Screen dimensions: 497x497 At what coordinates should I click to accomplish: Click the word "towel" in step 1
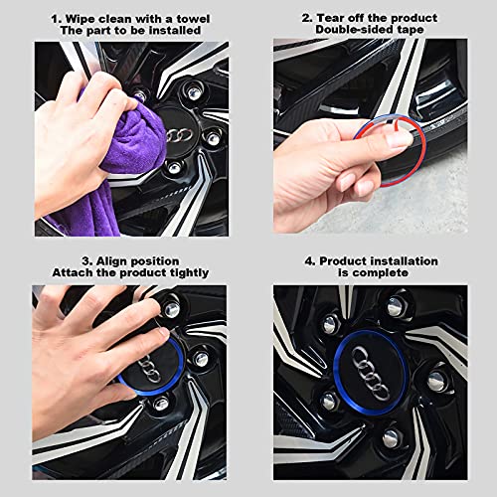pyautogui.click(x=195, y=19)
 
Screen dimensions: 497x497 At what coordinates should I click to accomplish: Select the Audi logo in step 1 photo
pyautogui.click(x=179, y=135)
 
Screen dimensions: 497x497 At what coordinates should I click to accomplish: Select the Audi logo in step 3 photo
pyautogui.click(x=149, y=371)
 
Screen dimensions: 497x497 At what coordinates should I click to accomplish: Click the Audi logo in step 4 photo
pyautogui.click(x=370, y=372)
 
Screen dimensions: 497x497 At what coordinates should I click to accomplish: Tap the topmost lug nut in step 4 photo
pyautogui.click(x=396, y=306)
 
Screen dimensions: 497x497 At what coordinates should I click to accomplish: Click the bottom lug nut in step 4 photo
pyautogui.click(x=392, y=438)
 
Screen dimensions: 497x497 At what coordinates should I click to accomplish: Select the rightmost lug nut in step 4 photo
pyautogui.click(x=436, y=382)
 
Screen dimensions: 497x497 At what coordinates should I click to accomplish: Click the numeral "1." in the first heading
pyautogui.click(x=57, y=19)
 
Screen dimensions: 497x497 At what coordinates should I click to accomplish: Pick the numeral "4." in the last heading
pyautogui.click(x=310, y=261)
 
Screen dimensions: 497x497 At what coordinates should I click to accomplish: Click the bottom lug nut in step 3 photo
pyautogui.click(x=161, y=403)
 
